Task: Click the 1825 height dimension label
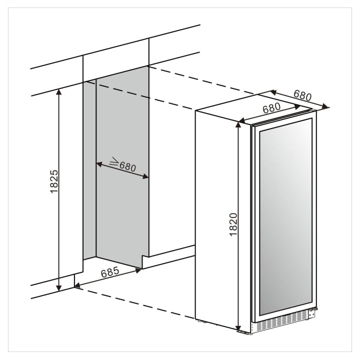[x=54, y=181]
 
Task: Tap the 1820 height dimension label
[x=233, y=224]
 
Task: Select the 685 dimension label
[x=110, y=272]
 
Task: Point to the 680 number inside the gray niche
[x=127, y=166]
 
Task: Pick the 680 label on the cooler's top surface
[x=272, y=108]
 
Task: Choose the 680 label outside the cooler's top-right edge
[x=302, y=95]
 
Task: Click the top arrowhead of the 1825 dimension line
[x=59, y=92]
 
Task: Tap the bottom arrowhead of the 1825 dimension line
[x=59, y=288]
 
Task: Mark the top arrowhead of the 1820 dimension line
[x=238, y=125]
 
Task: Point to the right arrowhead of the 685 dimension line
[x=138, y=270]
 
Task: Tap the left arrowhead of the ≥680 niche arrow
[x=99, y=164]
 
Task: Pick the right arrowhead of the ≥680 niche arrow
[x=145, y=176]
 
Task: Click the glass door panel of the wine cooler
[x=285, y=216]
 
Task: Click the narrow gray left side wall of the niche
[x=89, y=170]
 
